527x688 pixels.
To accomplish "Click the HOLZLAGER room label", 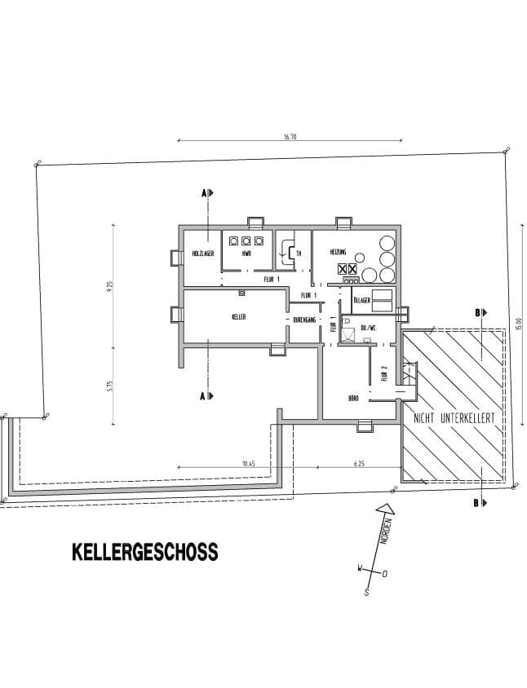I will pyautogui.click(x=202, y=254).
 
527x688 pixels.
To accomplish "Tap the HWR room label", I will pyautogui.click(x=246, y=254).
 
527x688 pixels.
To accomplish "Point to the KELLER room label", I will pyautogui.click(x=238, y=316).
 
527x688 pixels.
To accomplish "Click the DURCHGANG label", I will pyautogui.click(x=303, y=320).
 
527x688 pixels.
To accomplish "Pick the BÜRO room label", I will pyautogui.click(x=354, y=399).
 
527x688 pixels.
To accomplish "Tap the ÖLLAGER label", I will pyautogui.click(x=362, y=300).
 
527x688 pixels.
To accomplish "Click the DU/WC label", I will pyautogui.click(x=368, y=328).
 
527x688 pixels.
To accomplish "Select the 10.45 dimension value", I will pyautogui.click(x=249, y=463).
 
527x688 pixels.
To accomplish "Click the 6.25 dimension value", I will pyautogui.click(x=359, y=463).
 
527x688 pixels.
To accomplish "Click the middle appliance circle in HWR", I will pyautogui.click(x=246, y=240).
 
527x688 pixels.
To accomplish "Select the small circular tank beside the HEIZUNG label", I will pyautogui.click(x=383, y=241).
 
